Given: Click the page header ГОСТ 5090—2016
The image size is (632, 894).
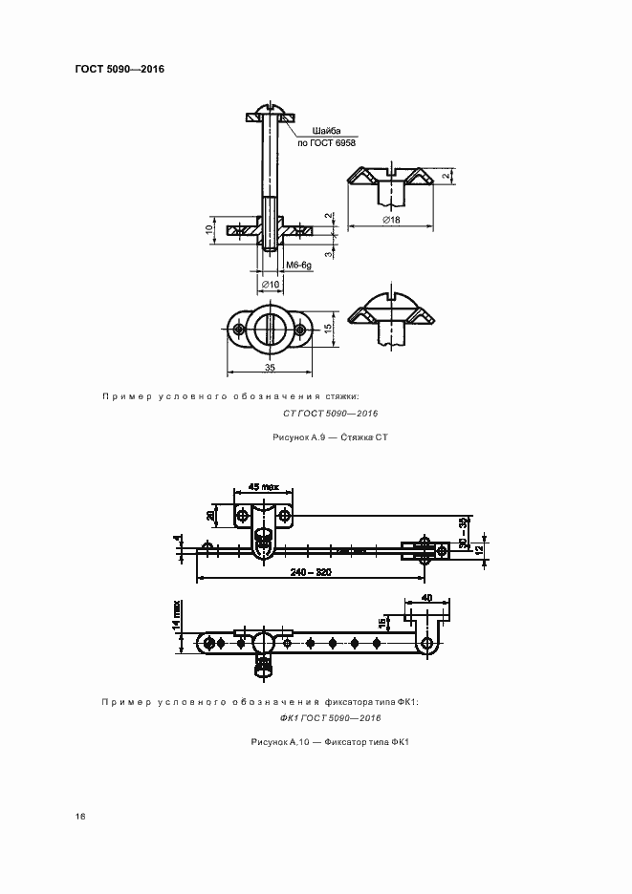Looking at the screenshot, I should pyautogui.click(x=119, y=70).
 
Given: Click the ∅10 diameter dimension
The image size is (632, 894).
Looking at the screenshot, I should pyautogui.click(x=270, y=284).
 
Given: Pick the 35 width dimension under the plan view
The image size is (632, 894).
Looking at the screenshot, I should pyautogui.click(x=270, y=367).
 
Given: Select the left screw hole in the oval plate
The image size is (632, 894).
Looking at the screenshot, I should pyautogui.click(x=238, y=330).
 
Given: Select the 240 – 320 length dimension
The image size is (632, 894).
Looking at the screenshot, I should pyautogui.click(x=311, y=573).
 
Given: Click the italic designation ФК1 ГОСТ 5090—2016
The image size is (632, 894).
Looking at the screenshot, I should pyautogui.click(x=331, y=718).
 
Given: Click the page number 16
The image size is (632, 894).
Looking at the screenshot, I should pyautogui.click(x=80, y=816).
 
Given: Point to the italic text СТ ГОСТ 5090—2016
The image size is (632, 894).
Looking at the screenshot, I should pyautogui.click(x=331, y=413).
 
